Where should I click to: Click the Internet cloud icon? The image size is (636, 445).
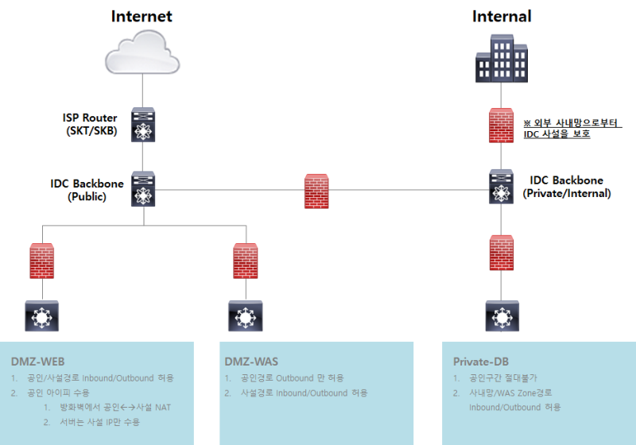pos(143,51)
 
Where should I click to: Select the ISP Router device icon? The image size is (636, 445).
pos(144,125)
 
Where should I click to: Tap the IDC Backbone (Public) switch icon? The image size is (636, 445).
pos(144,190)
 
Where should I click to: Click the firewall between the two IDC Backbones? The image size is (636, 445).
pos(316,192)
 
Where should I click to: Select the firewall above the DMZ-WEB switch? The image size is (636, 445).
pos(41,260)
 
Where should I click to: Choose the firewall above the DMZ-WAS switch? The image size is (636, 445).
pos(246,260)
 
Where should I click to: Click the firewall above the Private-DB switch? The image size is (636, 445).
pos(502,253)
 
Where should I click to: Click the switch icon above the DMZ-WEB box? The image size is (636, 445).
pos(41,315)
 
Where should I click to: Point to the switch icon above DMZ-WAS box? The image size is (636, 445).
pos(246,315)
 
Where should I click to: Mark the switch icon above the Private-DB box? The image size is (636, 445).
pos(502,315)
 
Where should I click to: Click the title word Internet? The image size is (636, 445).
pos(142,16)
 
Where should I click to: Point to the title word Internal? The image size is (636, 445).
pos(502,16)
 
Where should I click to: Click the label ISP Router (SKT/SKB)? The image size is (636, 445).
pos(90,125)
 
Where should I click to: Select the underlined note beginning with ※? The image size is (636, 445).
pos(572,129)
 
